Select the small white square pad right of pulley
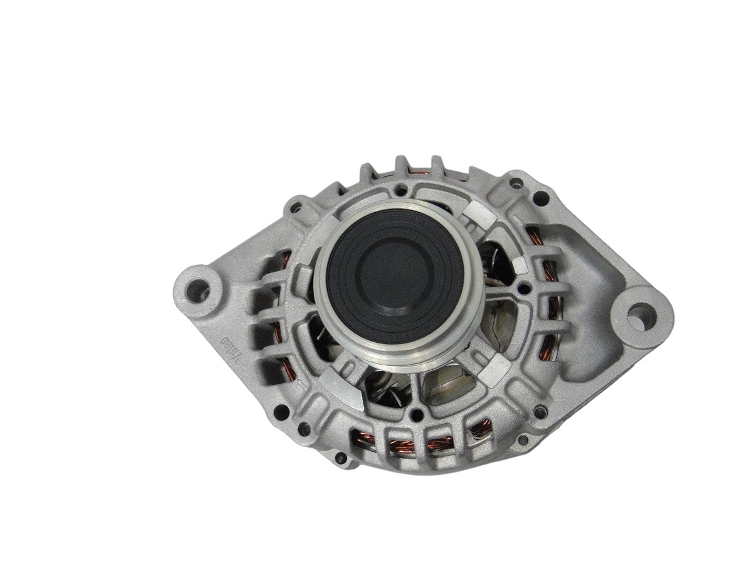coord(520,265)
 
